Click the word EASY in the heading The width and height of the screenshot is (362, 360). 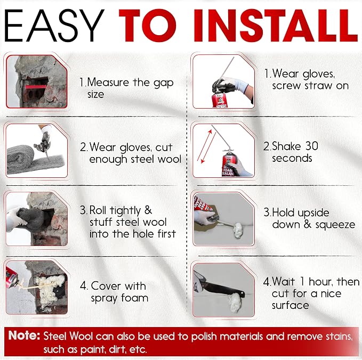point(54,26)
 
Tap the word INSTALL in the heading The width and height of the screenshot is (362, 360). point(276,26)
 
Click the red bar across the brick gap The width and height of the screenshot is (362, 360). point(36,87)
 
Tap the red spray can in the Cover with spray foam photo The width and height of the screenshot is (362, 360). point(13,277)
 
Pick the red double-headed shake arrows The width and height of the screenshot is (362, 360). point(206,146)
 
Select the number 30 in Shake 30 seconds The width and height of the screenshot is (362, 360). point(312,146)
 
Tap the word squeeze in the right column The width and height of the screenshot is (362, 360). point(335,225)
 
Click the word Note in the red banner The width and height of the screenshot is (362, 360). point(24,336)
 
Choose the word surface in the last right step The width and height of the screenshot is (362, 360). point(290,305)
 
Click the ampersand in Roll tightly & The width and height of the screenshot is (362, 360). point(148,210)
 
